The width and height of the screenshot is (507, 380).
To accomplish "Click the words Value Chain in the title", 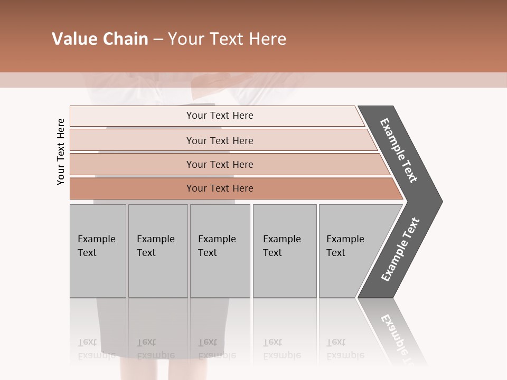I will pyautogui.click(x=100, y=39).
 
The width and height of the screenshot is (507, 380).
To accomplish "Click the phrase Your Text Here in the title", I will pyautogui.click(x=227, y=39).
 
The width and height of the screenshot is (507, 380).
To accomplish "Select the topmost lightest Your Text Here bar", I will pyautogui.click(x=220, y=116).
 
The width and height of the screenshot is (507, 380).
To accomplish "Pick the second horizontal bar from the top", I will pyautogui.click(x=220, y=140).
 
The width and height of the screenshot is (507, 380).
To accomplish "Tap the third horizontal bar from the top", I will pyautogui.click(x=220, y=164).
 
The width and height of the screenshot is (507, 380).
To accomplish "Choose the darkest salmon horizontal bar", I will pyautogui.click(x=220, y=188).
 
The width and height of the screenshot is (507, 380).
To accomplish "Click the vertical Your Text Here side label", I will pyautogui.click(x=61, y=151).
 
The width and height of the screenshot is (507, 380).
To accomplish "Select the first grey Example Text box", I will pyautogui.click(x=98, y=251).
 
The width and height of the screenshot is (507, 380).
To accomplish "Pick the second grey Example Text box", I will pyautogui.click(x=158, y=251).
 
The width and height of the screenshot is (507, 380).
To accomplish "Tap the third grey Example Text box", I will pyautogui.click(x=220, y=251).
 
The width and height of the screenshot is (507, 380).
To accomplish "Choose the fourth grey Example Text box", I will pyautogui.click(x=285, y=251).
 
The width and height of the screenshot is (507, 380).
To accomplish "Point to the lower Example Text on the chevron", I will pyautogui.click(x=400, y=250).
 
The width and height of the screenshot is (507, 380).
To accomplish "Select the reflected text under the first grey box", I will pyautogui.click(x=96, y=349).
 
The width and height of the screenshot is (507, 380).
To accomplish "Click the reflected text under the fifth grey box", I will pyautogui.click(x=345, y=349).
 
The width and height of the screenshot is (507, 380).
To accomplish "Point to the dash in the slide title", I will pyautogui.click(x=158, y=40).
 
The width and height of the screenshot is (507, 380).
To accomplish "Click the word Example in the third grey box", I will pyautogui.click(x=217, y=239).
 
